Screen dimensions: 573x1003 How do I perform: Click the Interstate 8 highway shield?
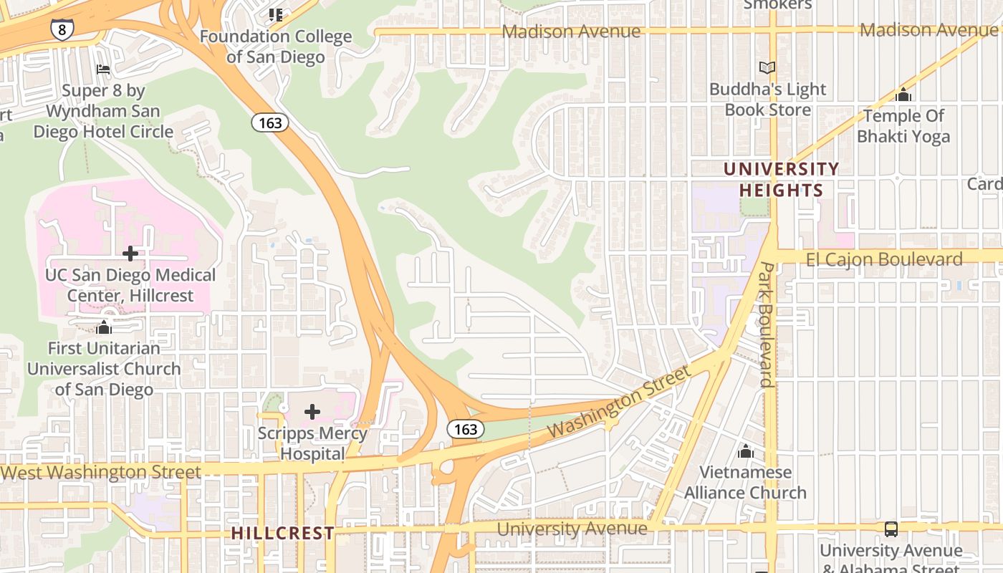61,29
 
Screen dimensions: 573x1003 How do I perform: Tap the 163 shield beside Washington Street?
466,429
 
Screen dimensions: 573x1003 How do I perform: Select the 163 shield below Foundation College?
270,122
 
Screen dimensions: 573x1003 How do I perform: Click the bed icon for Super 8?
103,69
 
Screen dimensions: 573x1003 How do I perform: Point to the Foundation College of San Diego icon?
276,14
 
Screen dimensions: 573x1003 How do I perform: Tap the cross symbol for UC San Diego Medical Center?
130,254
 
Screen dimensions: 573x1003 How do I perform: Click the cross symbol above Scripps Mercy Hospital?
312,412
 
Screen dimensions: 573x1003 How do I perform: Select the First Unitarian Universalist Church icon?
104,327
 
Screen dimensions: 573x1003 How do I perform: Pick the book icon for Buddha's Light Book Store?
767,68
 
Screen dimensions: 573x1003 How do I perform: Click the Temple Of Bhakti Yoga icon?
903,95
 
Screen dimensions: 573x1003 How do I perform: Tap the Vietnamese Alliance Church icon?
746,451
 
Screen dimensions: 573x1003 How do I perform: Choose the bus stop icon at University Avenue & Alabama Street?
891,529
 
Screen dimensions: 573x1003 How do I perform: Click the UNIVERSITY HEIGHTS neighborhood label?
781,180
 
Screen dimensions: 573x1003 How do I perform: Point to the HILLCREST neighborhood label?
283,534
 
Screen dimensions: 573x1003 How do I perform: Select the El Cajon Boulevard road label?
884,259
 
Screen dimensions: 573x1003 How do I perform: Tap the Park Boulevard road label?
767,324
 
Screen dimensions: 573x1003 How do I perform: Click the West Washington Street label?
100,472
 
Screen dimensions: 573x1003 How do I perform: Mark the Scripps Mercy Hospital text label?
312,443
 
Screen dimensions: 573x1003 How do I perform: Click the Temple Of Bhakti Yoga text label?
903,126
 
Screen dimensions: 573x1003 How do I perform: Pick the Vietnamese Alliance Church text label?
745,483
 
